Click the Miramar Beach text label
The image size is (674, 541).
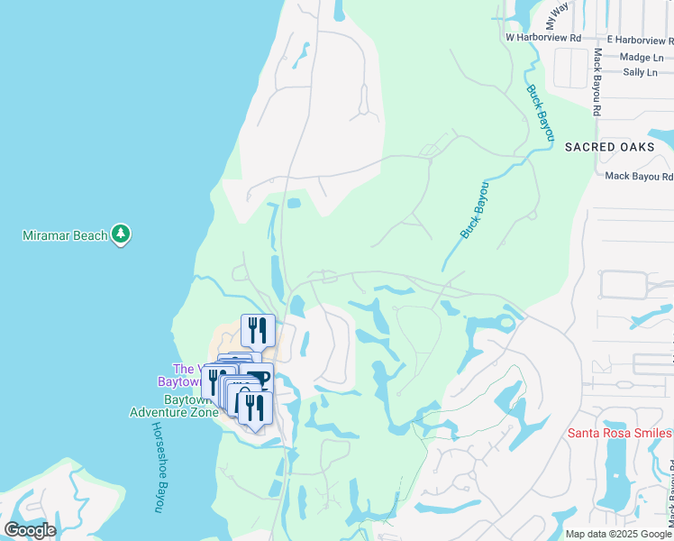click(66, 235)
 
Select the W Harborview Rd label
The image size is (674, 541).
click(543, 38)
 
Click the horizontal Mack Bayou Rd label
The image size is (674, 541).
click(639, 177)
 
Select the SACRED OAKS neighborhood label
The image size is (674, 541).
click(618, 147)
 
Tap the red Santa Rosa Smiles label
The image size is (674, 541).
click(620, 433)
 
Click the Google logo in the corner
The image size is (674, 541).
click(30, 529)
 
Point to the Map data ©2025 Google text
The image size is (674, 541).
click(617, 534)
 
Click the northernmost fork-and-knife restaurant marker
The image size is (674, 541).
click(258, 331)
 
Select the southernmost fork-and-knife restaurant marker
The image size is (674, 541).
click(255, 408)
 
